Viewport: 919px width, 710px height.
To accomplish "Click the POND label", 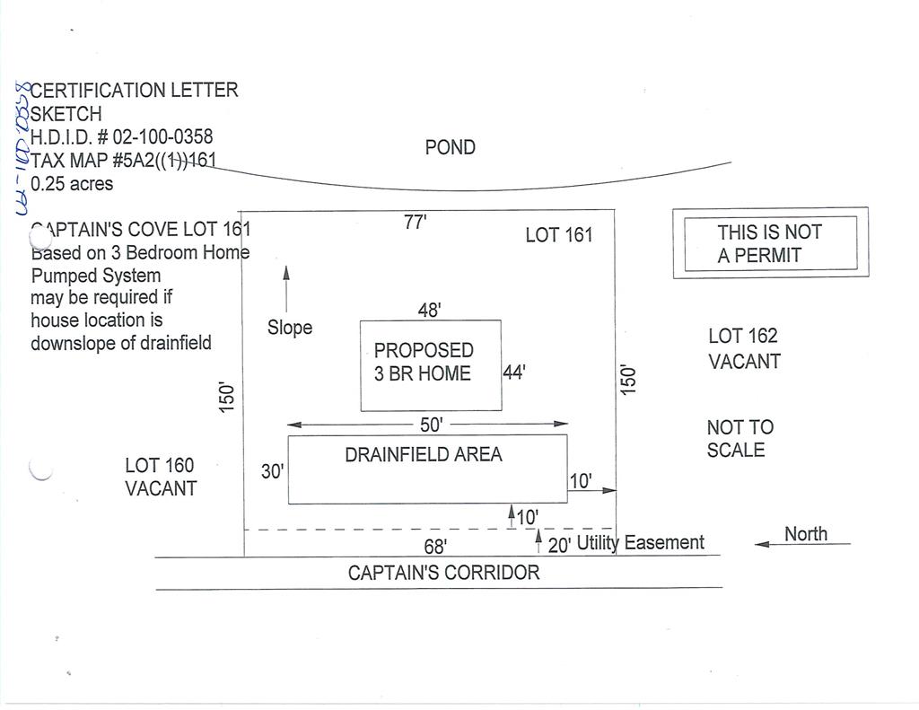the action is click(451, 147).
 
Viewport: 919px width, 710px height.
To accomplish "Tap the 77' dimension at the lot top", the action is click(415, 223).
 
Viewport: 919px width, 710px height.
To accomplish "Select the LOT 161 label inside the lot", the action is click(559, 235).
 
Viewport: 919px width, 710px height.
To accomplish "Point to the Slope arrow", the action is click(286, 289).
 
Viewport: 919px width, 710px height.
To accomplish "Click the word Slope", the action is click(290, 327).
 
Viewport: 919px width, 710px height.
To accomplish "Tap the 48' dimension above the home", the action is click(430, 310).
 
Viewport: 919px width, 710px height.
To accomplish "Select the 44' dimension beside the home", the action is click(514, 373).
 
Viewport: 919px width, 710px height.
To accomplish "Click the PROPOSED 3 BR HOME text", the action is click(424, 362).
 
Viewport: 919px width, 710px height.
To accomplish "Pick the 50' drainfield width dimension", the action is click(432, 425).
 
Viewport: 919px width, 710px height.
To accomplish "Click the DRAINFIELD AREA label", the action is click(424, 454).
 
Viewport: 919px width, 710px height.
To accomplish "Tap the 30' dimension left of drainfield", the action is click(273, 471).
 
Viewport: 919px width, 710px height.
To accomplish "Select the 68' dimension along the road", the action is click(435, 547).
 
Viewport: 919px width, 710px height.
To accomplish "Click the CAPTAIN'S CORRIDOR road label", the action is click(443, 573).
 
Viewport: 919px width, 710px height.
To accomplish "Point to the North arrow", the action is click(802, 544).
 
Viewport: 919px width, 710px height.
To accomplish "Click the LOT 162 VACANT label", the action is click(744, 348).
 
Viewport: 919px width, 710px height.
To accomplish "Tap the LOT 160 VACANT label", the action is click(161, 477).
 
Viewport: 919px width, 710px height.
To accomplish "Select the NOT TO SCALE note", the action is click(740, 439).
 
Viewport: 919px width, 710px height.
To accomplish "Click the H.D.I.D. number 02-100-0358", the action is click(162, 136).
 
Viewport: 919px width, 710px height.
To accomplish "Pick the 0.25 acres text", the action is click(72, 183).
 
